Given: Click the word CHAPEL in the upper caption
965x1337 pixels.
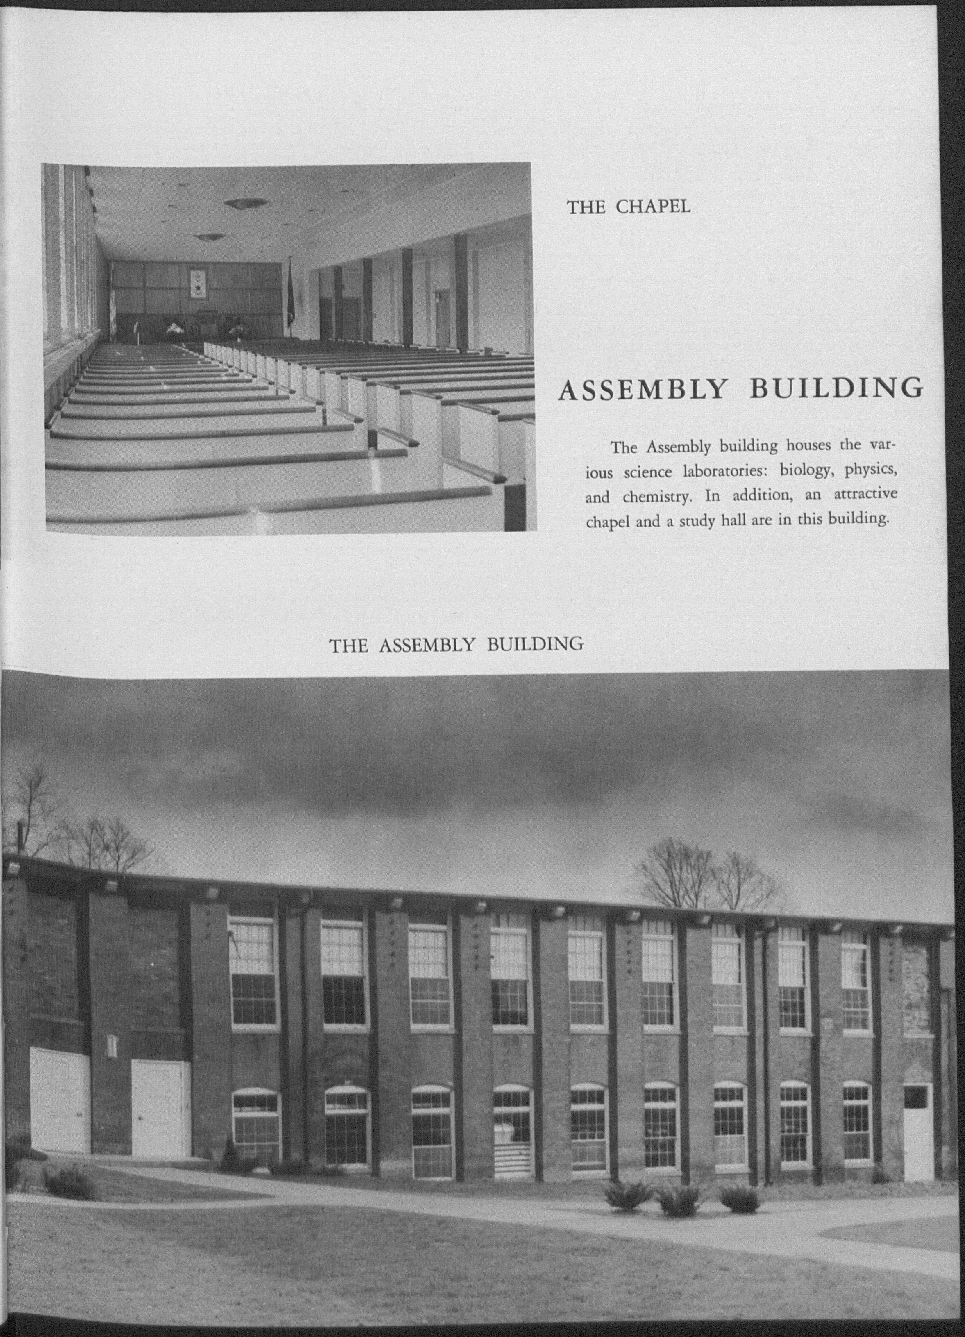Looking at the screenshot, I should click(x=654, y=207).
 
